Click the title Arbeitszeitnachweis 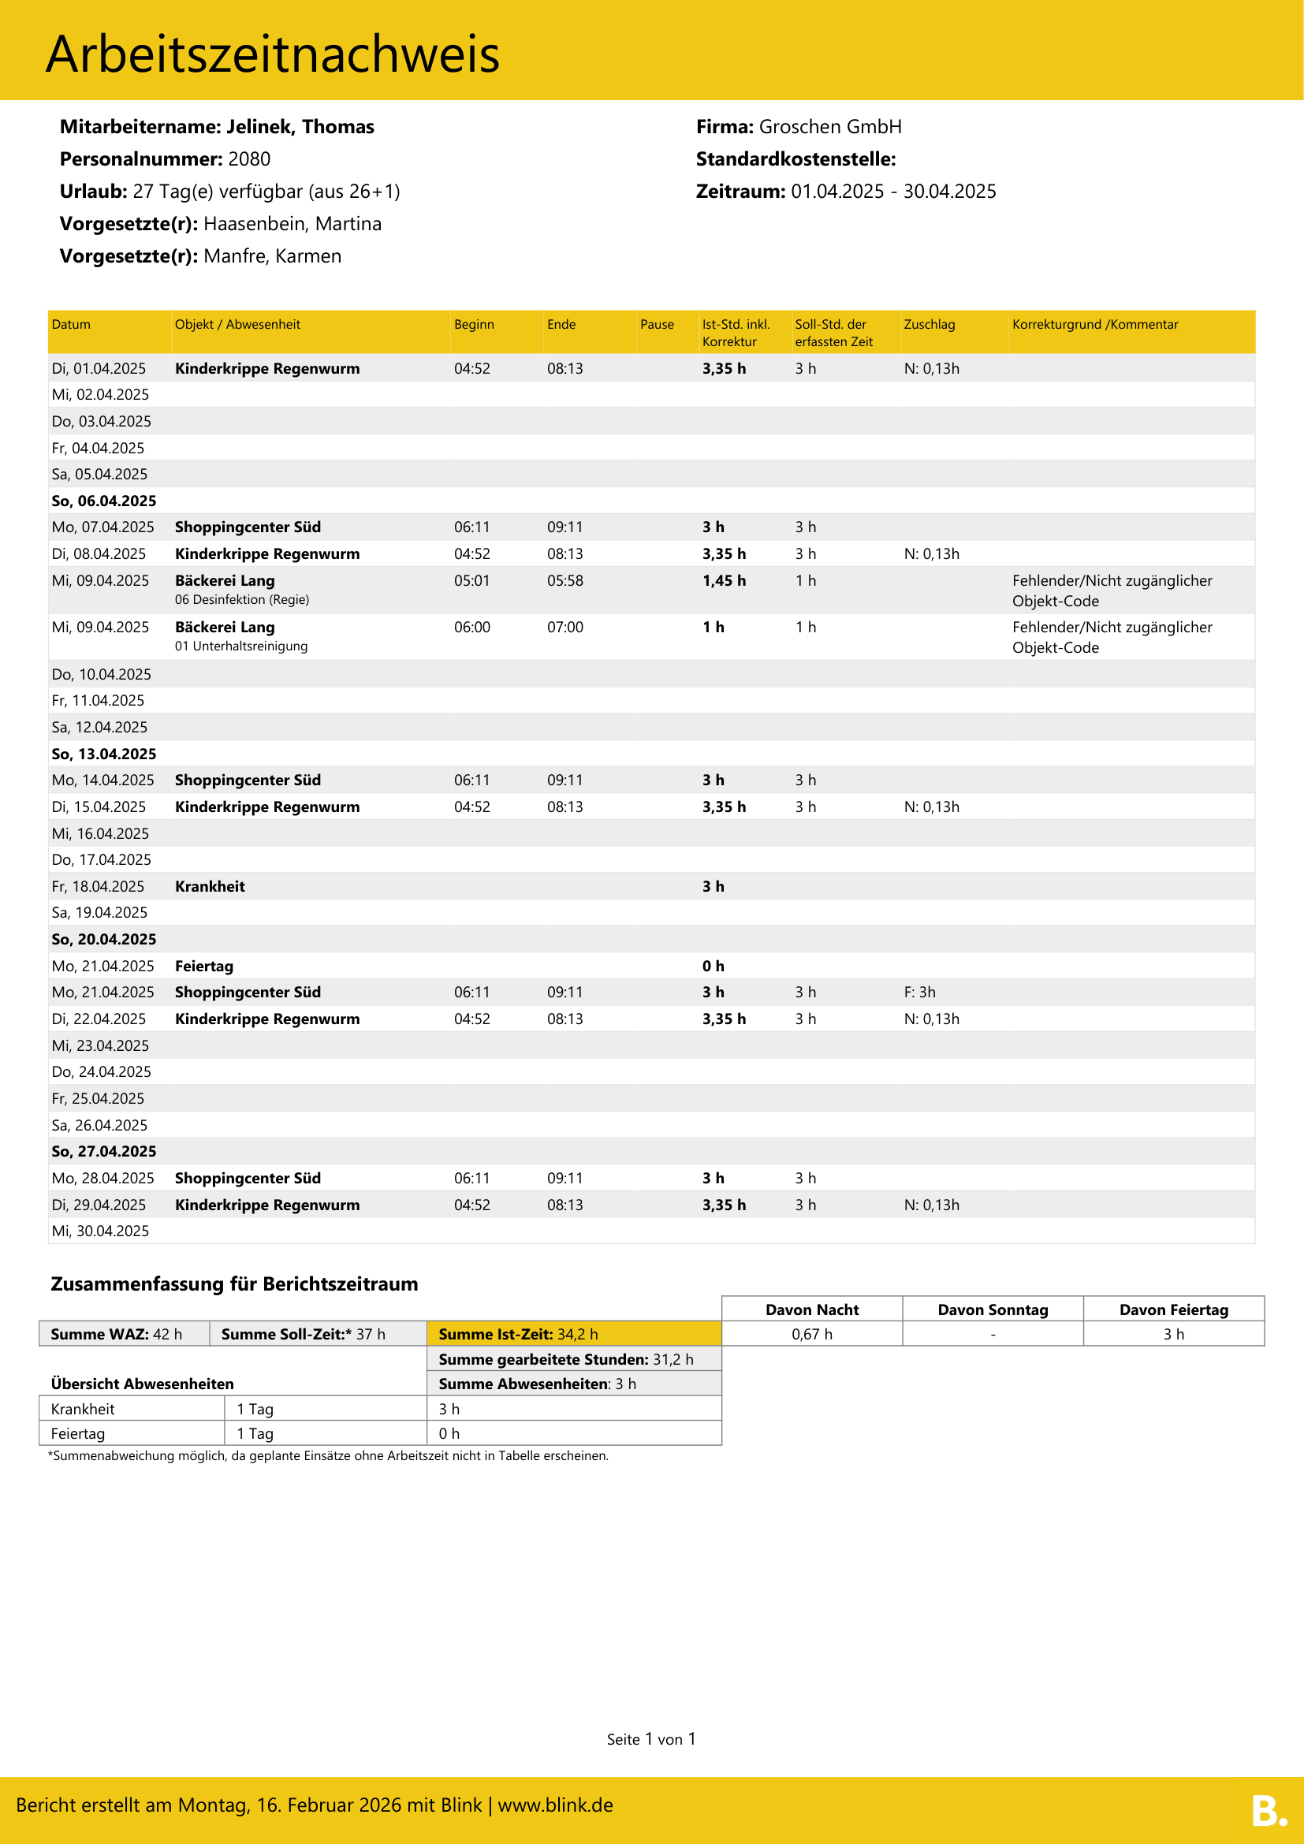tap(272, 54)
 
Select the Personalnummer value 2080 tap(249, 159)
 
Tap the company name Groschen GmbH tap(829, 127)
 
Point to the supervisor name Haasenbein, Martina tap(292, 224)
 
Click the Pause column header tap(657, 325)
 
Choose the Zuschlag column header tap(929, 325)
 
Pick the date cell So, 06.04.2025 tap(103, 501)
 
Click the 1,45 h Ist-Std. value tap(724, 581)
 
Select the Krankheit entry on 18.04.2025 tap(210, 887)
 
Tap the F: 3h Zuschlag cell tap(919, 993)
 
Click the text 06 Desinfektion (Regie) tap(242, 600)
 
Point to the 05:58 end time tap(564, 581)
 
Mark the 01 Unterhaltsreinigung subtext tap(241, 646)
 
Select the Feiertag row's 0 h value tap(713, 967)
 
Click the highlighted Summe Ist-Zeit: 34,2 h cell tap(573, 1334)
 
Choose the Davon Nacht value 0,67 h tap(812, 1334)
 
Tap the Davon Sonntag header tap(993, 1310)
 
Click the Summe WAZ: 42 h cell tap(124, 1334)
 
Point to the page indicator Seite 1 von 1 tap(651, 1740)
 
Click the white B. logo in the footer tap(1268, 1810)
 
